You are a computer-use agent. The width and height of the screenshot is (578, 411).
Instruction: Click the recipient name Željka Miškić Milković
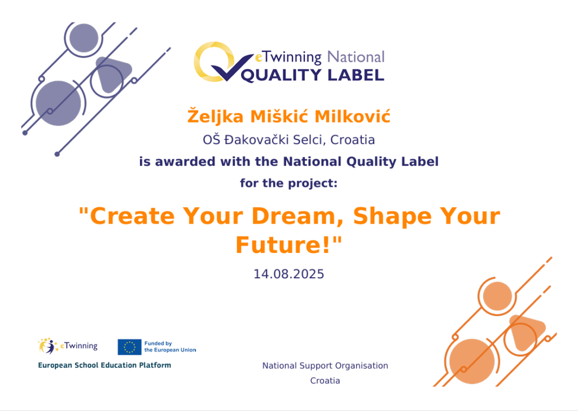pyautogui.click(x=288, y=116)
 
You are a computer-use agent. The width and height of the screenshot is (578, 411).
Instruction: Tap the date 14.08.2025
pyautogui.click(x=288, y=274)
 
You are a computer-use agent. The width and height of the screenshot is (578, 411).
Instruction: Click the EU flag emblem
pyautogui.click(x=129, y=347)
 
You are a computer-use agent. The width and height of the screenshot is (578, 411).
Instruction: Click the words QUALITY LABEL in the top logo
pyautogui.click(x=313, y=75)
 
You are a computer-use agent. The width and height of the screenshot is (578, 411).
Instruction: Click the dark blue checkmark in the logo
pyautogui.click(x=232, y=67)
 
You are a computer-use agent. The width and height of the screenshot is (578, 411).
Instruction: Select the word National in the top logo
pyautogui.click(x=356, y=57)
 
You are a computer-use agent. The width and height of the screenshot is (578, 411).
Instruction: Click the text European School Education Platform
pyautogui.click(x=104, y=365)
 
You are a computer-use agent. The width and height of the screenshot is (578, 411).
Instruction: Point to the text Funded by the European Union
pyautogui.click(x=170, y=347)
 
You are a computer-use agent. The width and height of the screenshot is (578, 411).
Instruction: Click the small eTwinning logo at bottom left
pyautogui.click(x=68, y=346)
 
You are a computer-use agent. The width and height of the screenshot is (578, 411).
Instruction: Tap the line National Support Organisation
pyautogui.click(x=325, y=366)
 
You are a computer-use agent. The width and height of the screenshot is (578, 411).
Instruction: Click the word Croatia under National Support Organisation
pyautogui.click(x=325, y=381)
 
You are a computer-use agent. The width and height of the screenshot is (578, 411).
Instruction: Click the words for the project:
pyautogui.click(x=288, y=183)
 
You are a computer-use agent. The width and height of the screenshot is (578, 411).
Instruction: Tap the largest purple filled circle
pyautogui.click(x=58, y=103)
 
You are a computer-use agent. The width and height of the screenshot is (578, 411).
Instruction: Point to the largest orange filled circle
pyautogui.click(x=472, y=361)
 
